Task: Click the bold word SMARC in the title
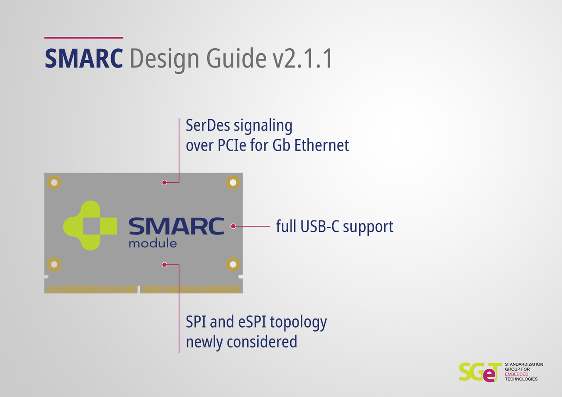tap(84, 58)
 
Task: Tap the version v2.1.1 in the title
tap(303, 58)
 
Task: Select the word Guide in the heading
tap(236, 58)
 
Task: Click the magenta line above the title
tap(83, 38)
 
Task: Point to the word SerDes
tap(208, 125)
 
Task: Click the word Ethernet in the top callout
tap(321, 145)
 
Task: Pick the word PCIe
tap(232, 145)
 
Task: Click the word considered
tap(262, 342)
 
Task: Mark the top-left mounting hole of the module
tap(54, 182)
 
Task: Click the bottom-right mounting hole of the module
tap(233, 264)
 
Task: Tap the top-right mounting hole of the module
tap(233, 182)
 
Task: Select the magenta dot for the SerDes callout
tap(164, 182)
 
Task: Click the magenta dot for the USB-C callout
tap(233, 226)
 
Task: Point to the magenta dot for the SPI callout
tap(164, 264)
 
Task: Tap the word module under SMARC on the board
tap(153, 243)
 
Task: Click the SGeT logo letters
tap(479, 372)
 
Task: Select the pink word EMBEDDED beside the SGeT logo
tap(517, 374)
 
